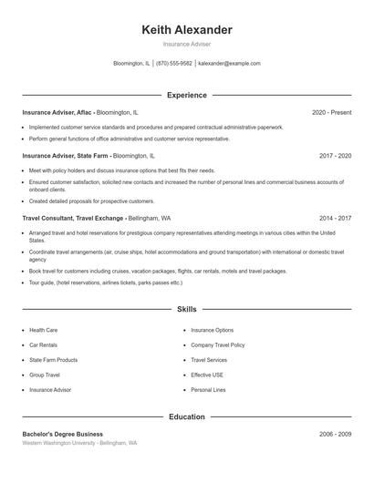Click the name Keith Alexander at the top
click(x=187, y=30)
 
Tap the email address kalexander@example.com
click(x=229, y=64)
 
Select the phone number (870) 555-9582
click(x=173, y=64)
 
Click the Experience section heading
click(x=187, y=95)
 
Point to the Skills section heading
click(x=187, y=309)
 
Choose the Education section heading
click(x=187, y=416)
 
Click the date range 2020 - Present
click(x=331, y=112)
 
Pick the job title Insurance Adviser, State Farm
click(x=64, y=156)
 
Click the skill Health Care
click(x=43, y=330)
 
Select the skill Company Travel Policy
click(x=217, y=345)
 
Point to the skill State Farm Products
click(x=53, y=360)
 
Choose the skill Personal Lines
click(x=208, y=390)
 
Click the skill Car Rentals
click(x=43, y=345)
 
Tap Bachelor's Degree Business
click(x=63, y=434)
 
